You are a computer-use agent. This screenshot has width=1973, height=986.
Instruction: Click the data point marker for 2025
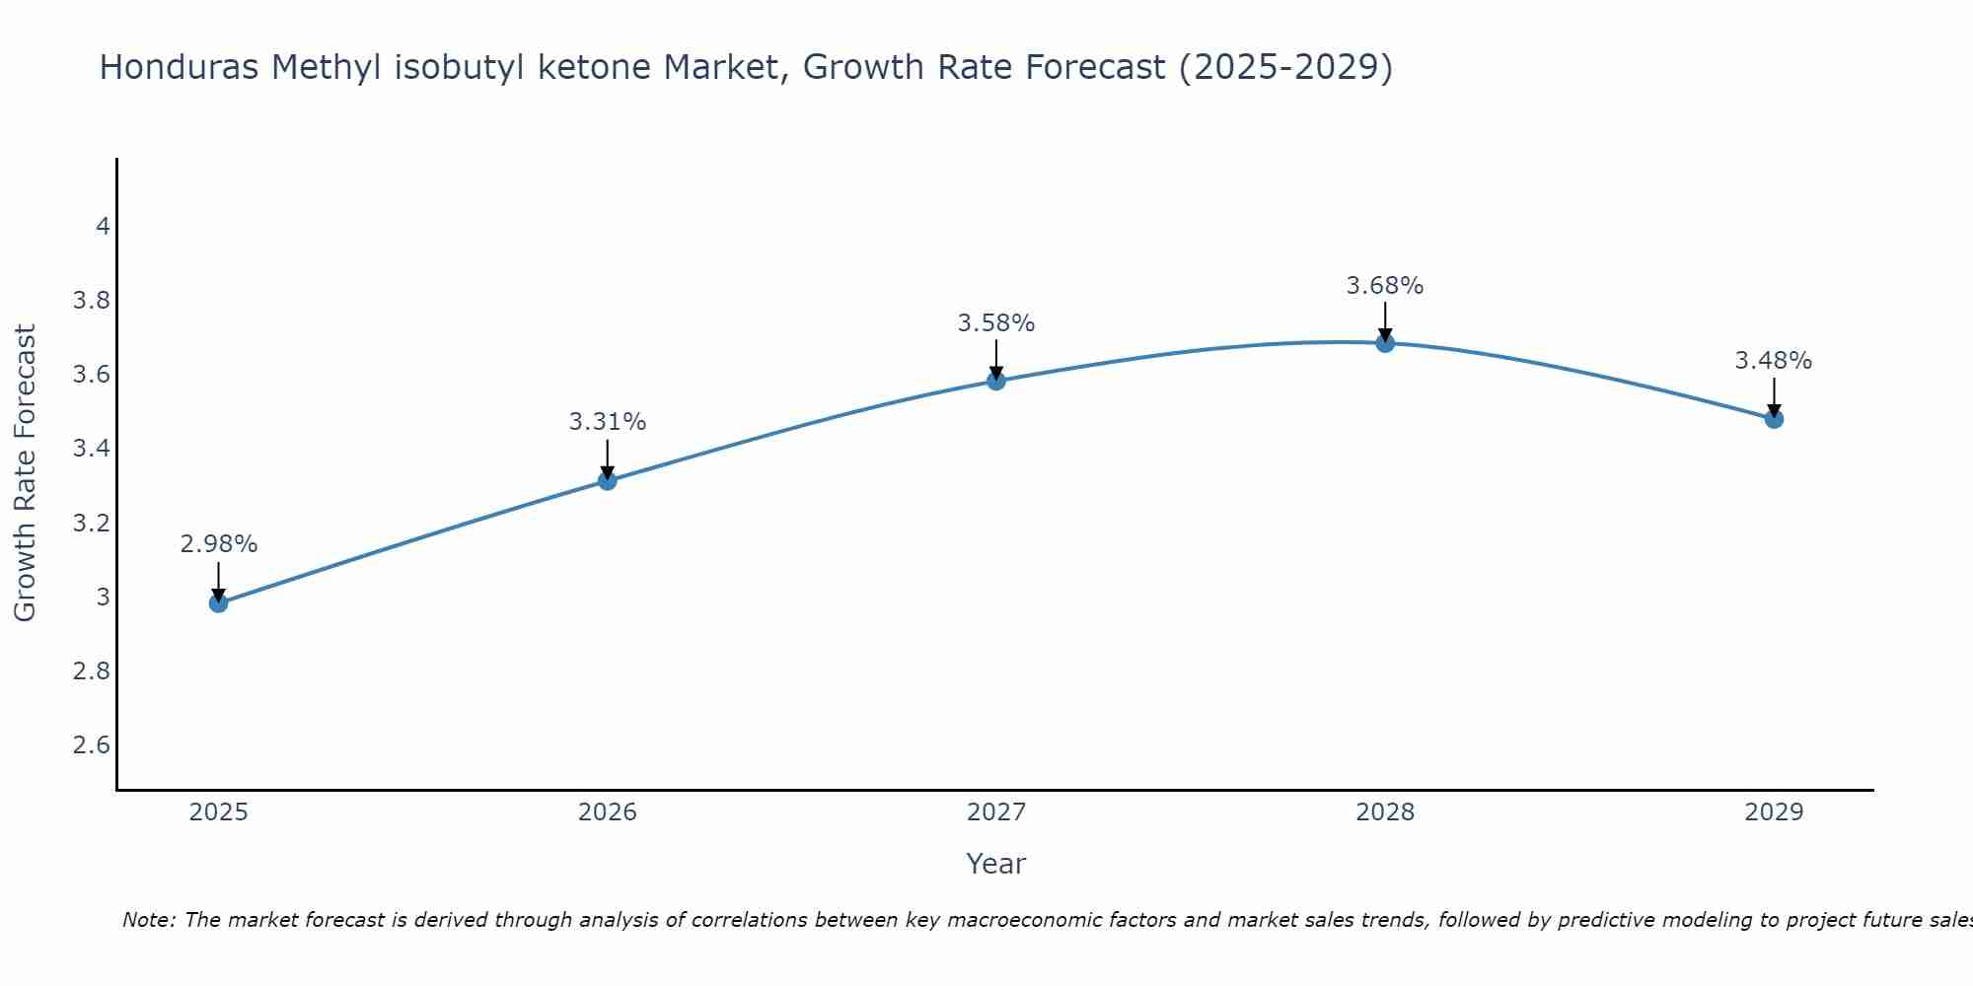[x=219, y=602]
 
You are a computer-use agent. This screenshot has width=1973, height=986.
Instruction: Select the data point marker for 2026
[x=608, y=480]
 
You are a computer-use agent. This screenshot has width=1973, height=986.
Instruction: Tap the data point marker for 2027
[x=996, y=381]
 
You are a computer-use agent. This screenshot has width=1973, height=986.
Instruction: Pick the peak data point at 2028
[x=1385, y=343]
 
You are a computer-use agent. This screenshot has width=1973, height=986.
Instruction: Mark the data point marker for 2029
[x=1774, y=419]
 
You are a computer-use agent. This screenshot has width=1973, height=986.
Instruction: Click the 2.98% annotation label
[x=219, y=544]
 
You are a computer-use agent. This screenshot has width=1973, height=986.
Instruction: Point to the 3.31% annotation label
[x=608, y=422]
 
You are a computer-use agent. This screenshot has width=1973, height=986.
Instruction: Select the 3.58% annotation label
[x=996, y=323]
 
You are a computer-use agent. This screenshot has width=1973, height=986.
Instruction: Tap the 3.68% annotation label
[x=1385, y=286]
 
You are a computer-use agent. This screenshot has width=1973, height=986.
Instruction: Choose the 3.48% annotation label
[x=1774, y=361]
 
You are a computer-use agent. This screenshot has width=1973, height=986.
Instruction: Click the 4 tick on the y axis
[x=103, y=227]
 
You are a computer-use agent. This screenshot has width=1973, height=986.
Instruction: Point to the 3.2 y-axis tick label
[x=92, y=523]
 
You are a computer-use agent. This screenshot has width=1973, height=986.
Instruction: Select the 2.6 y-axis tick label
[x=92, y=744]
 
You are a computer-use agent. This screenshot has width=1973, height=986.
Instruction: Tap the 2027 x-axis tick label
[x=996, y=812]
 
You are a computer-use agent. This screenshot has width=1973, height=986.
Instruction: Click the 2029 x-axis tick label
[x=1774, y=812]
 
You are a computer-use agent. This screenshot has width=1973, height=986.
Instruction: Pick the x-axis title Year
[x=996, y=864]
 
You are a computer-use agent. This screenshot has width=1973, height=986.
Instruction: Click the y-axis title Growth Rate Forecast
[x=26, y=473]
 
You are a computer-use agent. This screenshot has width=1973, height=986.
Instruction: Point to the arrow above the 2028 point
[x=1385, y=320]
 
